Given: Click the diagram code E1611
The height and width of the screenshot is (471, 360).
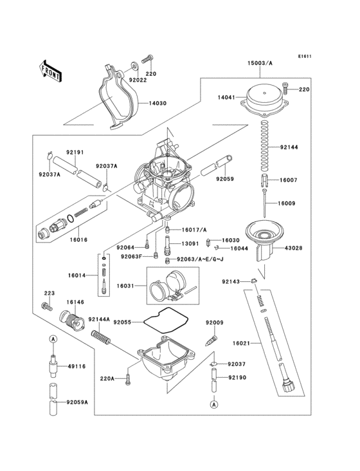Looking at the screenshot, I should tap(305, 56).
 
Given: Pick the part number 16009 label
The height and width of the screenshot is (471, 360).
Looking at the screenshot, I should tap(287, 203).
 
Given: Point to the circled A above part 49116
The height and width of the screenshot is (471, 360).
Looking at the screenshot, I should tap(55, 338).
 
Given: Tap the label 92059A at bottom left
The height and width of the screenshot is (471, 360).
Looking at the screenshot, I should tap(78, 403).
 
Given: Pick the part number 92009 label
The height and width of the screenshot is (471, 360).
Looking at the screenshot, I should tap(214, 322).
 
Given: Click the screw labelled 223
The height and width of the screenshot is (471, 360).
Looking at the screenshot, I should tap(46, 307).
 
